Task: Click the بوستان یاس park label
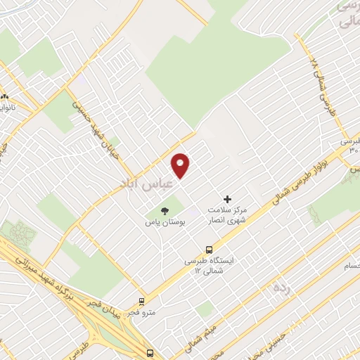pyautogui.click(x=165, y=222)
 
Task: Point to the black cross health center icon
pyautogui.click(x=226, y=200)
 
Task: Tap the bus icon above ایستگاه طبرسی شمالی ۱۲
pyautogui.click(x=209, y=249)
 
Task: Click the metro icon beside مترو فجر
pyautogui.click(x=142, y=302)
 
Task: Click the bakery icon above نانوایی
pyautogui.click(x=5, y=97)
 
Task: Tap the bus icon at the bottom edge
pyautogui.click(x=150, y=353)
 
